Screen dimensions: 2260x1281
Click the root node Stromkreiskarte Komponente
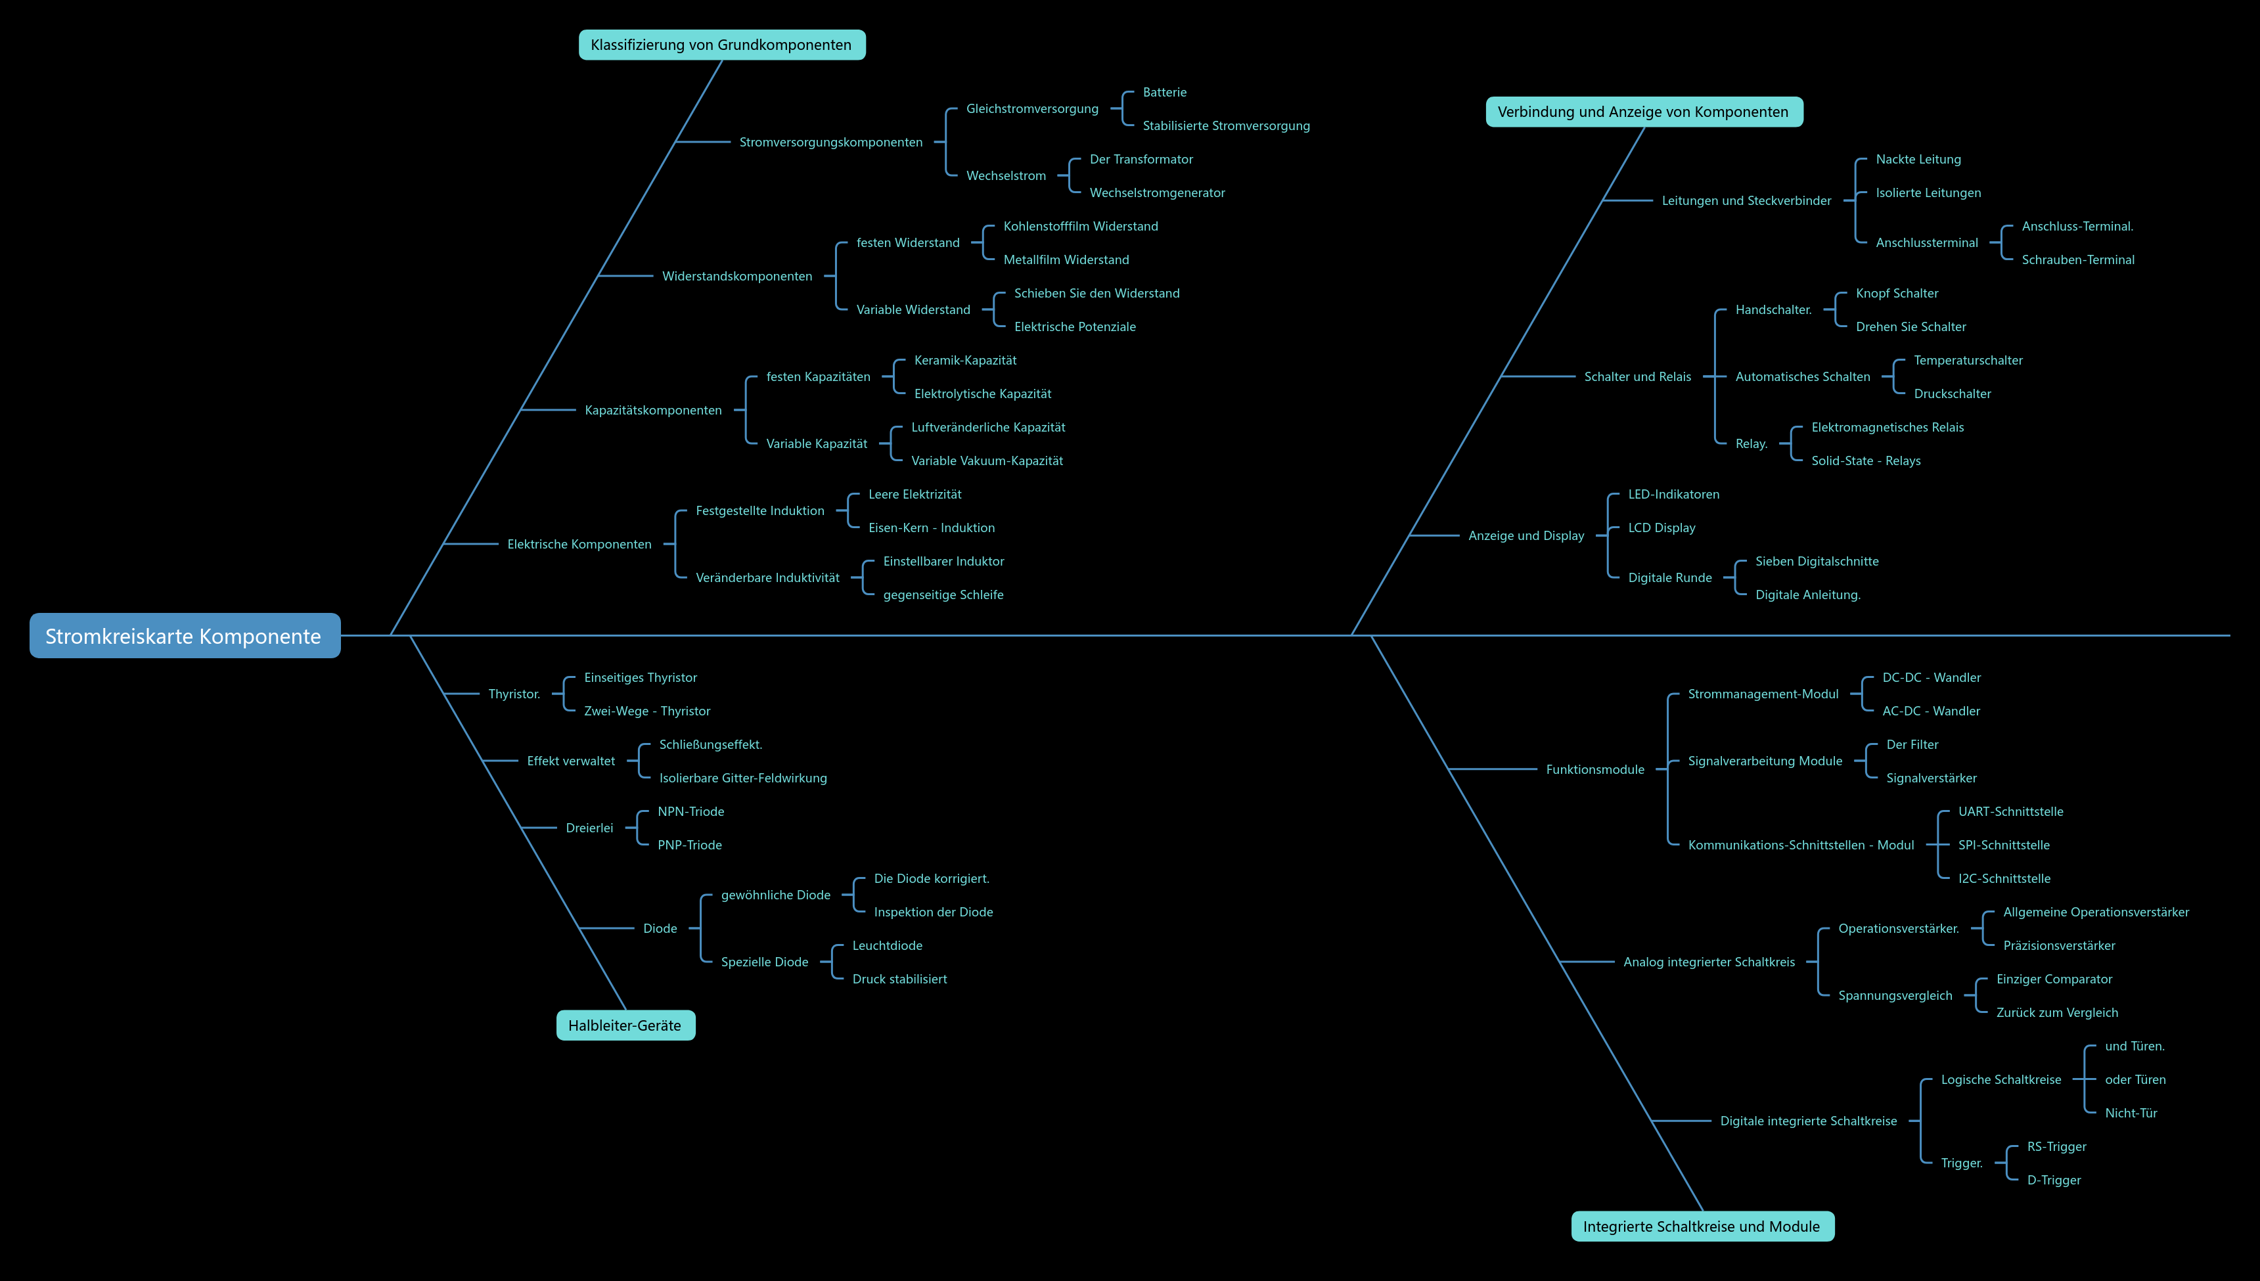point(185,635)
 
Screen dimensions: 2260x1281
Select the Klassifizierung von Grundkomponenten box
point(721,45)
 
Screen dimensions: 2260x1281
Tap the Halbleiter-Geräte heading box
point(625,1025)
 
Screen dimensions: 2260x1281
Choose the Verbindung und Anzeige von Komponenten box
point(1643,112)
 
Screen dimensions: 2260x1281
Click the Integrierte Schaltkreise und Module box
point(1702,1226)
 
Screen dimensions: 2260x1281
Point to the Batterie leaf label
point(1165,93)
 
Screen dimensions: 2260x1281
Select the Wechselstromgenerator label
point(1157,192)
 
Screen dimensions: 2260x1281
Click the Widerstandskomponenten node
point(737,277)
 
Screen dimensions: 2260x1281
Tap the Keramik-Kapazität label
point(965,360)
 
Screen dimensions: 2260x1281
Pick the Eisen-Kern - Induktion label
point(932,528)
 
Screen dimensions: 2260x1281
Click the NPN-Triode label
point(690,811)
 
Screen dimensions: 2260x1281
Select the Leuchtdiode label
point(887,946)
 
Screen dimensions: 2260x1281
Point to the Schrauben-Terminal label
point(2078,259)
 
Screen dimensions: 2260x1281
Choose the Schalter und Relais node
point(1637,376)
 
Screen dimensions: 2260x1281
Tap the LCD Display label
point(1661,528)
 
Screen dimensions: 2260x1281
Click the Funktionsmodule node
point(1595,770)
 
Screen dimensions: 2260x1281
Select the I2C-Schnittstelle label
point(2004,879)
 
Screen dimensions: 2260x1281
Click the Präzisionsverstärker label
point(2058,946)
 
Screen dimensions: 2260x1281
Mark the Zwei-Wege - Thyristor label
point(646,711)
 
